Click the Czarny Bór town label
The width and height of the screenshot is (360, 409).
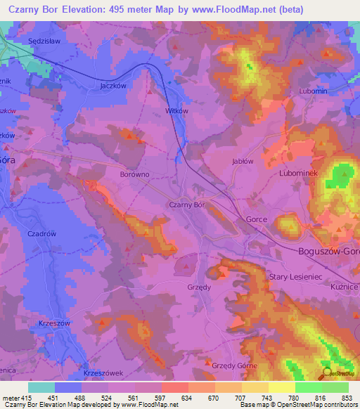tap(186, 204)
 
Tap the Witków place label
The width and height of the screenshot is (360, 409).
tap(176, 111)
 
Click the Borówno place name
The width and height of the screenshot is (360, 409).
tap(135, 174)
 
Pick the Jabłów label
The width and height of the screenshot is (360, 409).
tap(242, 161)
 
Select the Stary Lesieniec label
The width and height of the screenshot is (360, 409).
tap(295, 278)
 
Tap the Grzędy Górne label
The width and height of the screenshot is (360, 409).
tap(235, 366)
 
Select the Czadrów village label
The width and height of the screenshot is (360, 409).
tap(41, 234)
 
